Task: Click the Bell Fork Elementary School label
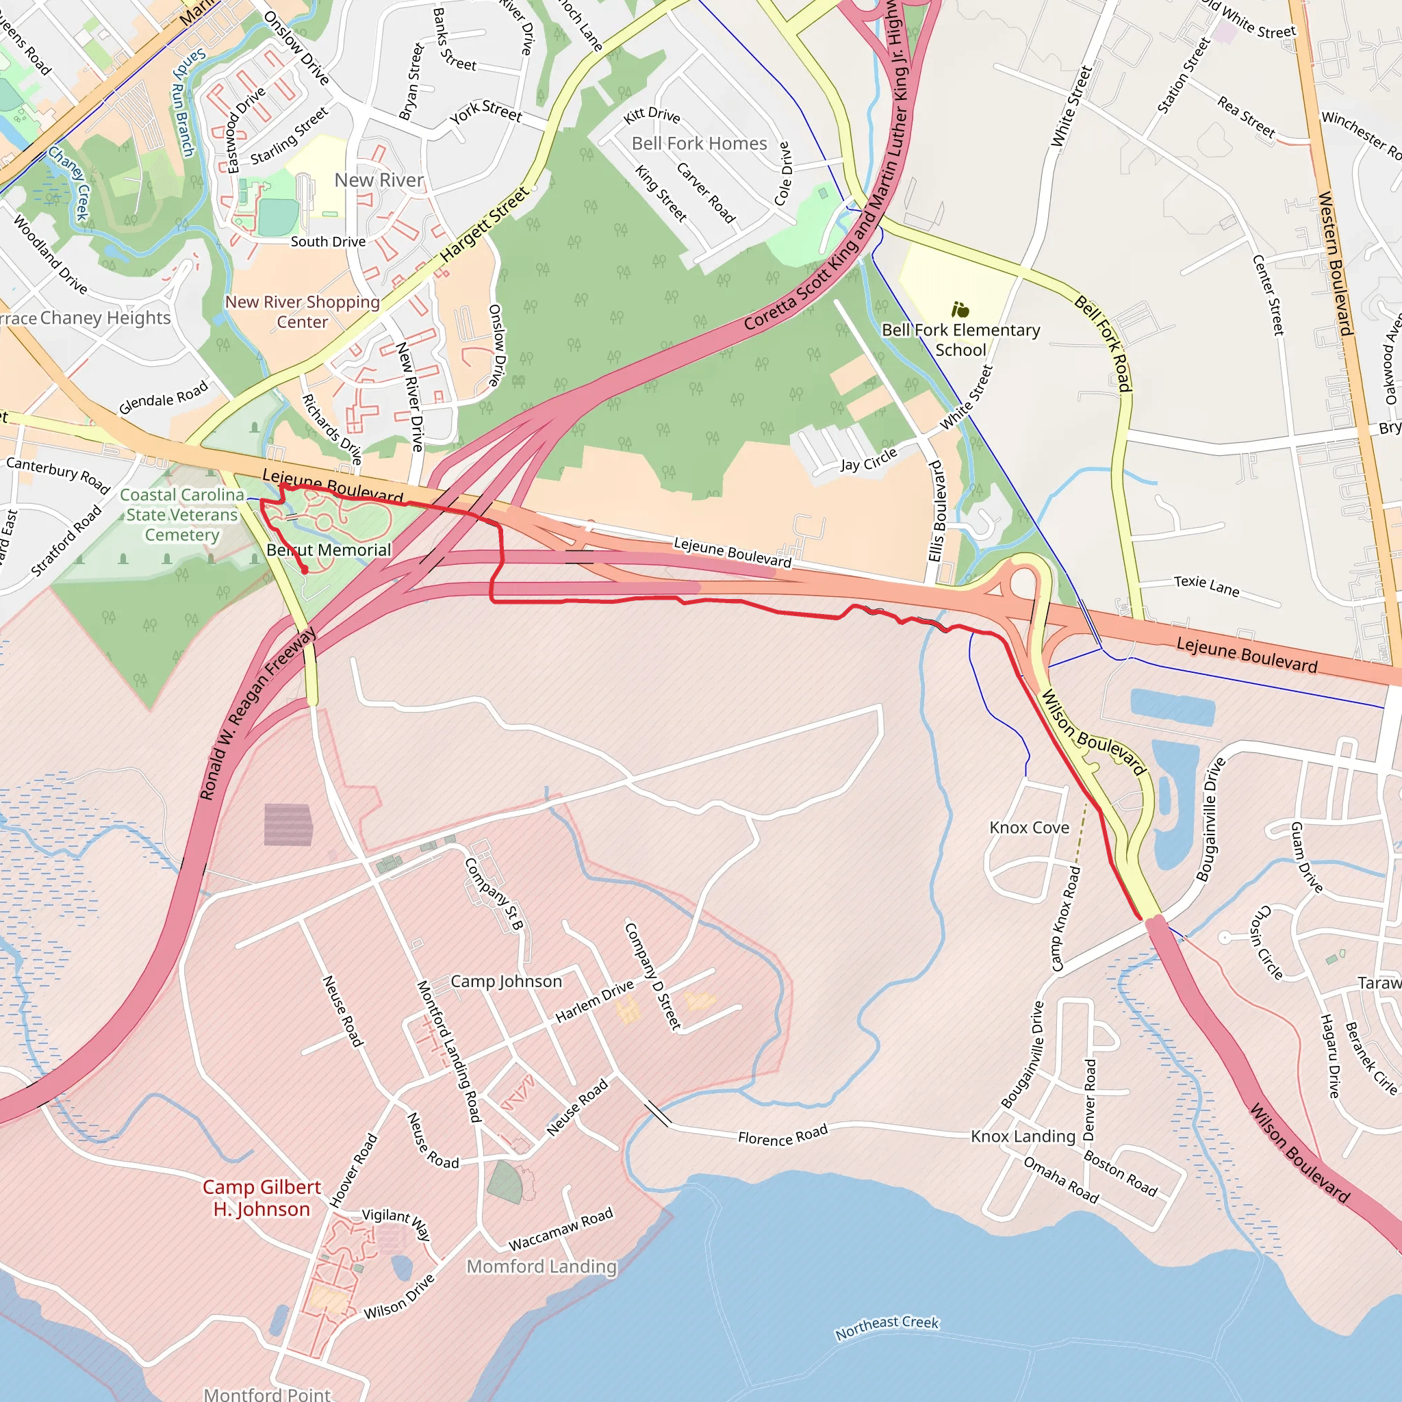[x=960, y=340]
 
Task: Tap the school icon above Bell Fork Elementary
[x=960, y=311]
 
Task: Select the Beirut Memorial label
[x=329, y=550]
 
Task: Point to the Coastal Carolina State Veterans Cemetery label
[x=182, y=515]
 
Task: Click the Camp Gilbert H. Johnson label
[x=262, y=1197]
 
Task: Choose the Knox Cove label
[x=1029, y=827]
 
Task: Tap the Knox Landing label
[x=1023, y=1136]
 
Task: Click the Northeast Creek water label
[x=887, y=1327]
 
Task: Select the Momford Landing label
[x=541, y=1266]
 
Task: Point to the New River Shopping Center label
[x=303, y=312]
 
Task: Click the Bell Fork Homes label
[x=699, y=144]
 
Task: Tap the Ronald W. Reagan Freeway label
[x=257, y=714]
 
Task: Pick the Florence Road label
[x=782, y=1135]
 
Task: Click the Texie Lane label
[x=1206, y=585]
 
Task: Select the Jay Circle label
[x=869, y=459]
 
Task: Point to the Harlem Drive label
[x=594, y=1002]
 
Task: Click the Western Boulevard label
[x=1334, y=263]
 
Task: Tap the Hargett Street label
[x=484, y=225]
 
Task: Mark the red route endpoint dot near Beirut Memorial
[x=305, y=570]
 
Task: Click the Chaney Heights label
[x=105, y=318]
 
